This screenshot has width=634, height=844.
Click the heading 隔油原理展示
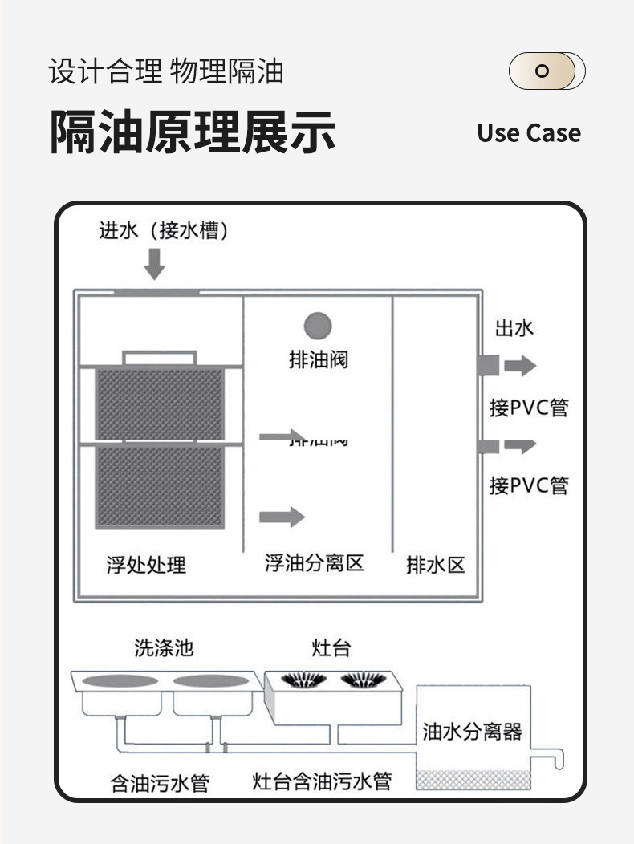(193, 132)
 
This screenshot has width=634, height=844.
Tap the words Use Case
(528, 132)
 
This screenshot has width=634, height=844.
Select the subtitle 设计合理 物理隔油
(166, 71)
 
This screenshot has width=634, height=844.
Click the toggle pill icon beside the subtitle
(547, 71)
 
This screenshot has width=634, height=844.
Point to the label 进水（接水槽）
(164, 231)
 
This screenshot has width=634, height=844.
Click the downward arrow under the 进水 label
(153, 264)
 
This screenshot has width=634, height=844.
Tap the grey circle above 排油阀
(318, 326)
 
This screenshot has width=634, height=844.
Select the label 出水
(514, 327)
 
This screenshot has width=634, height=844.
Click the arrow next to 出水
(519, 366)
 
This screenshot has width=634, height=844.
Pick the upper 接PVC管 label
(529, 408)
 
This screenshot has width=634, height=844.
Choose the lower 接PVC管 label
(529, 485)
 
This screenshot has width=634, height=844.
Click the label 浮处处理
(146, 565)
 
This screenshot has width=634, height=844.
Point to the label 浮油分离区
(315, 563)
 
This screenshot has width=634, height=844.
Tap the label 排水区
(435, 565)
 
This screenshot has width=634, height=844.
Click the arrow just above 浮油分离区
(282, 517)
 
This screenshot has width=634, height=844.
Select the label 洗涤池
(164, 647)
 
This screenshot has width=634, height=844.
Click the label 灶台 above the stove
(331, 647)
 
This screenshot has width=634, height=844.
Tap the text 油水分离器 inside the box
(472, 731)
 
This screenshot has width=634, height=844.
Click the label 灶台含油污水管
(322, 781)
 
